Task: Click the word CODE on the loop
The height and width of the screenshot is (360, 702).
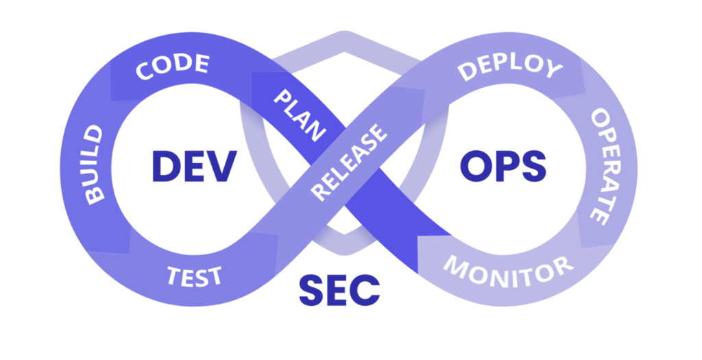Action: pyautogui.click(x=172, y=67)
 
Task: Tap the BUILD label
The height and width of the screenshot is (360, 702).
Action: pyautogui.click(x=94, y=163)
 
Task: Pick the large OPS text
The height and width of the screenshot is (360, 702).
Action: pyautogui.click(x=503, y=166)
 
